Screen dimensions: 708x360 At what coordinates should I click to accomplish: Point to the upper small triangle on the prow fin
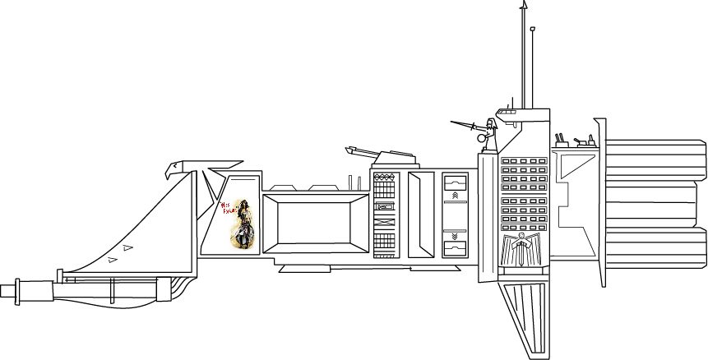pos(127,247)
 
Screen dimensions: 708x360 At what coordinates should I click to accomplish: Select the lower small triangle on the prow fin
pos(112,260)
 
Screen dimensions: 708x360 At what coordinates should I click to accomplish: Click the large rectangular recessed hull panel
pos(317,223)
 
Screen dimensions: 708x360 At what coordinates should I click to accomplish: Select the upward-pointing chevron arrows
pos(455,195)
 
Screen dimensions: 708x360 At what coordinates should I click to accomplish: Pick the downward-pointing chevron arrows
pos(455,235)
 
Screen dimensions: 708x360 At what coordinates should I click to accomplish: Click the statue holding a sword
pos(491,136)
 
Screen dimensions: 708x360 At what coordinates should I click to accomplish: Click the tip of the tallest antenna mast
pos(524,4)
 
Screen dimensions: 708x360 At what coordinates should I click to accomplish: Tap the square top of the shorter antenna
pos(532,30)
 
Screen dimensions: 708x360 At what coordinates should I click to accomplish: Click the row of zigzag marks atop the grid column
pos(384,177)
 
